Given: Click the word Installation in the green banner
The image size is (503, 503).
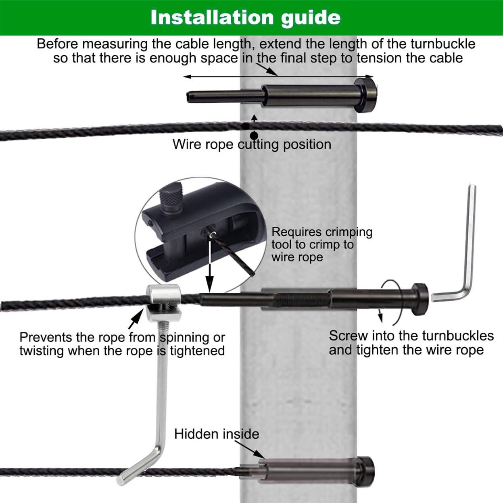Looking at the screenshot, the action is point(212,17).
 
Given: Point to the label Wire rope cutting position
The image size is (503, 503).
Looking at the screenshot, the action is point(252,144).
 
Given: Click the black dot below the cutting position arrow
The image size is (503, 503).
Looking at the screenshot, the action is point(254,136).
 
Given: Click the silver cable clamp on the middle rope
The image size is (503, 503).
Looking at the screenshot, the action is point(163,303).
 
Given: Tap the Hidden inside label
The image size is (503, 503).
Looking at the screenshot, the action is point(217,434).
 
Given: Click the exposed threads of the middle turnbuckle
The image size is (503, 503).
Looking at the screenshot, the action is point(301,300).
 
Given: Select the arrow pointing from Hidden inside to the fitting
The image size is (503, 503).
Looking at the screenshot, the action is point(249,449).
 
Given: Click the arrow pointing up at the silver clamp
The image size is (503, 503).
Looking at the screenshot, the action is point(136,318).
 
